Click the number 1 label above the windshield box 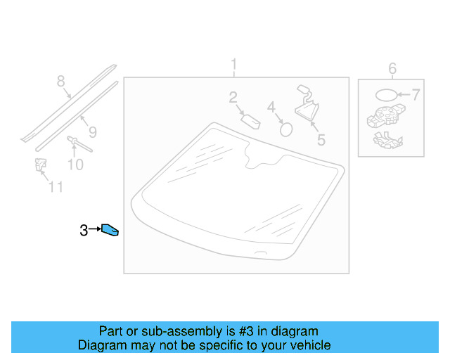pos(235,66)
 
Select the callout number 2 pos(233,98)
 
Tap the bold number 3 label pos(83,230)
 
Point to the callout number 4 pos(271,108)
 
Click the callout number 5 pos(321,139)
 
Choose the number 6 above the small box pos(392,68)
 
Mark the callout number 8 pos(60,81)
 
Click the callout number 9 pos(91,131)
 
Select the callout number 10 pos(75,165)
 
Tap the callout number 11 pos(56,186)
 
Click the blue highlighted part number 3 pos(110,230)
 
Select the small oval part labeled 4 pos(285,128)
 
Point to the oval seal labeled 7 pos(385,94)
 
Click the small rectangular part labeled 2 pos(251,120)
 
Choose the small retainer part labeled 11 pos(40,165)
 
